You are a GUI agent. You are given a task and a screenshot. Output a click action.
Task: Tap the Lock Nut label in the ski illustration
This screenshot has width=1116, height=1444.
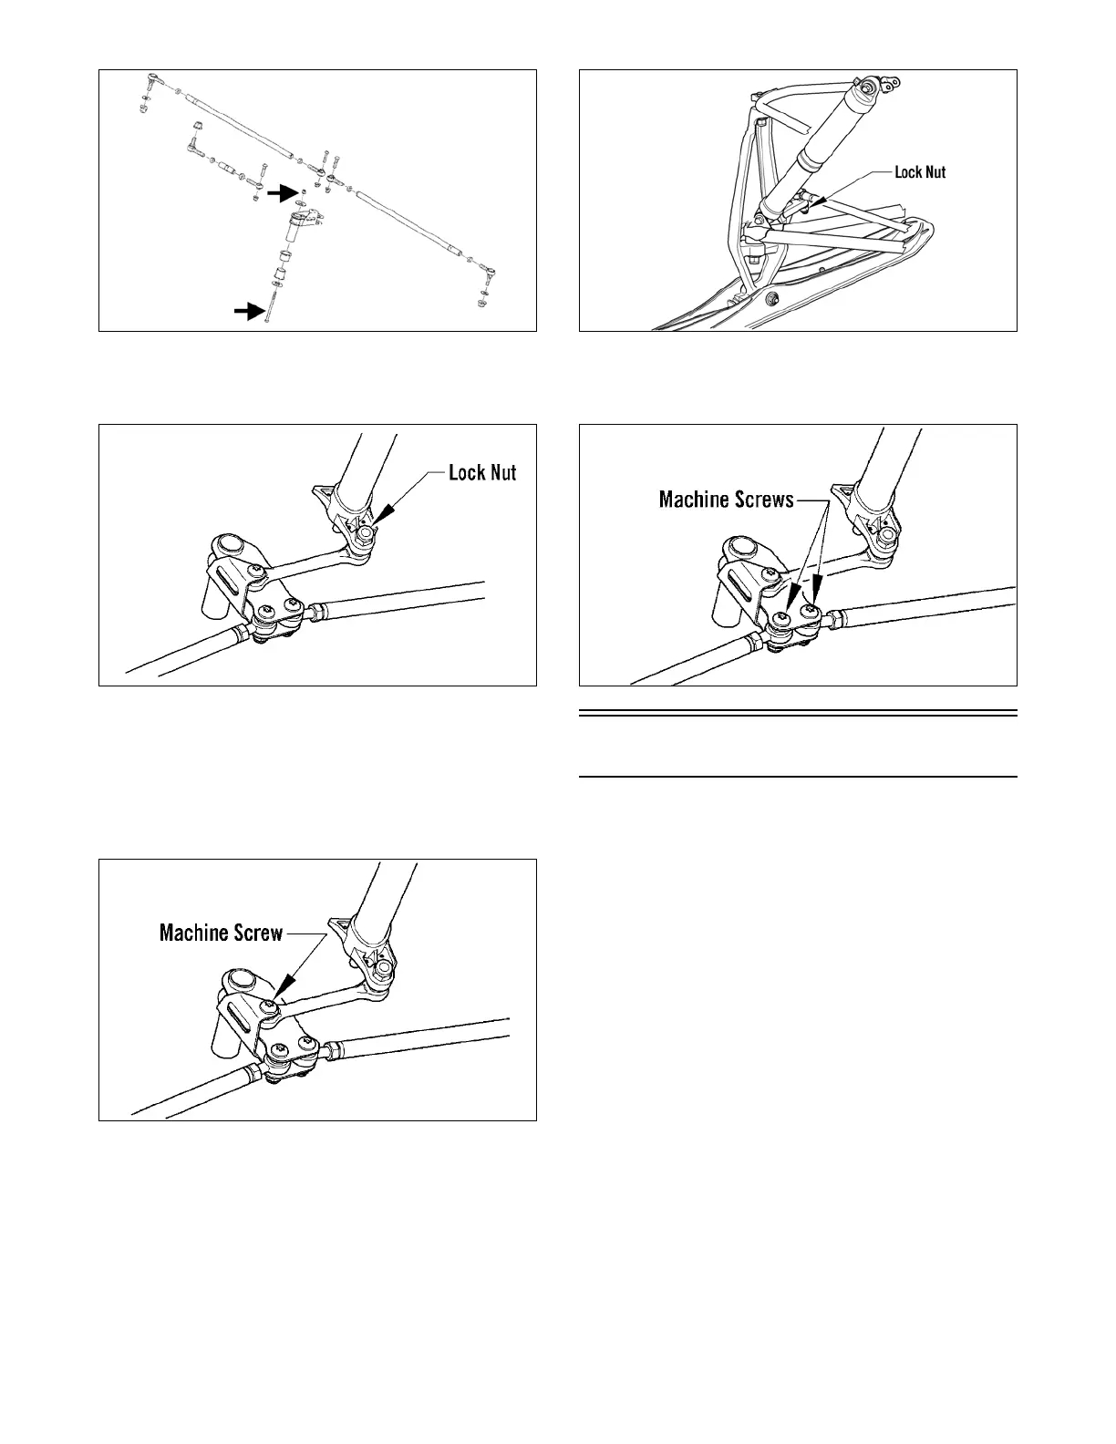920,172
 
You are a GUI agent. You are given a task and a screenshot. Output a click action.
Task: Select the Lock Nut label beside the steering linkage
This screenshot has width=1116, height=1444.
482,473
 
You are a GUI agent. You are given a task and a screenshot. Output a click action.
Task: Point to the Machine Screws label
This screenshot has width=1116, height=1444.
726,500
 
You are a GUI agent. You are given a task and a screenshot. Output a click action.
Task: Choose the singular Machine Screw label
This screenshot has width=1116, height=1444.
221,933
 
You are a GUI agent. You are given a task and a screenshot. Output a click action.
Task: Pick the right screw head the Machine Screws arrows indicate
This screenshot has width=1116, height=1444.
809,614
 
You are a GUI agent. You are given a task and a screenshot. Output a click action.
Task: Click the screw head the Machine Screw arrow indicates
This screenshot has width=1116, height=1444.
271,1006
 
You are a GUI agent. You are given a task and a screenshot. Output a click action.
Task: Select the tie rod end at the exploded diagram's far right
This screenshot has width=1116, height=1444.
490,271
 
